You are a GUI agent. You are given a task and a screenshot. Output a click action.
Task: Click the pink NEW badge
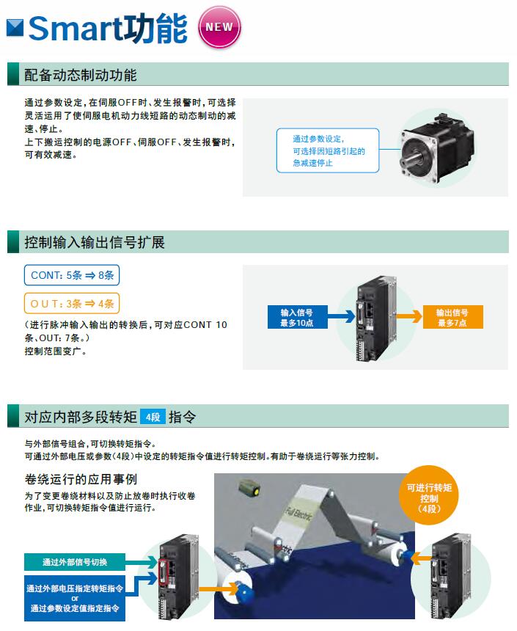(x=219, y=28)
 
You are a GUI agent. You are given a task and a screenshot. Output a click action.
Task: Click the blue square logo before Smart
(x=15, y=29)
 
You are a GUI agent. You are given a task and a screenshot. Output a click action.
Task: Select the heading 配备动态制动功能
(x=80, y=75)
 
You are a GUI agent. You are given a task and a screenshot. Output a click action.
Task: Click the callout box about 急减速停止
(x=328, y=150)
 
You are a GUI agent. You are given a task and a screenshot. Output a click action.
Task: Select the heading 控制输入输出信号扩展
(x=95, y=243)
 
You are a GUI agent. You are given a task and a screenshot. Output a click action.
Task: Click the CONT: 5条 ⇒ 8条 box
(x=72, y=275)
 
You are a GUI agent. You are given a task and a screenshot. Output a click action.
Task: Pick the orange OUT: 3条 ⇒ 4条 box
(x=72, y=303)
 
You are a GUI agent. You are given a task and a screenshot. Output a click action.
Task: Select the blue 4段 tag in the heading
(x=153, y=417)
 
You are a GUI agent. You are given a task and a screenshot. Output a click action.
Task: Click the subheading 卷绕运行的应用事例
(x=81, y=480)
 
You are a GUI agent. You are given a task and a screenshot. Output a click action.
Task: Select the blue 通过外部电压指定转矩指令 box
(x=75, y=598)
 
